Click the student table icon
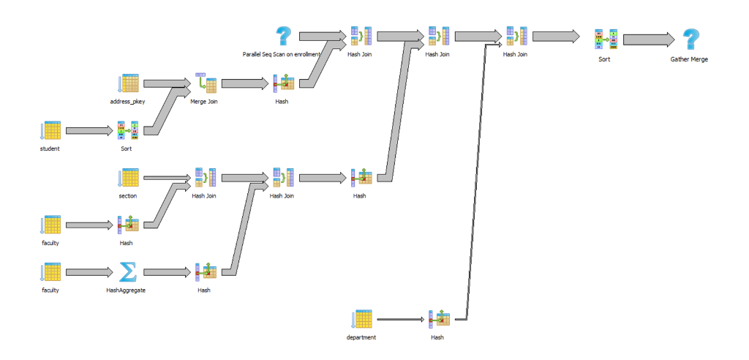pyautogui.click(x=50, y=131)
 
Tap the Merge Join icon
pyautogui.click(x=204, y=83)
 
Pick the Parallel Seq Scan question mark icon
pyautogui.click(x=282, y=36)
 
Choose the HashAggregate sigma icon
pyautogui.click(x=127, y=272)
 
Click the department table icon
pyautogui.click(x=361, y=319)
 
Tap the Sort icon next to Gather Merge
pyautogui.click(x=603, y=40)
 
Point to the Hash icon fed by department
pyautogui.click(x=437, y=319)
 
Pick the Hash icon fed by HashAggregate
pyautogui.click(x=204, y=272)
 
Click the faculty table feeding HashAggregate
pyautogui.click(x=50, y=272)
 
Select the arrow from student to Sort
pyautogui.click(x=89, y=131)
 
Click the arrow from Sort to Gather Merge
pyautogui.click(x=648, y=39)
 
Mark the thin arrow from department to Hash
pyautogui.click(x=401, y=320)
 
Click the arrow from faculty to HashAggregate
pyautogui.click(x=89, y=272)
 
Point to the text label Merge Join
pyautogui.click(x=204, y=102)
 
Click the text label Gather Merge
pyautogui.click(x=689, y=59)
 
